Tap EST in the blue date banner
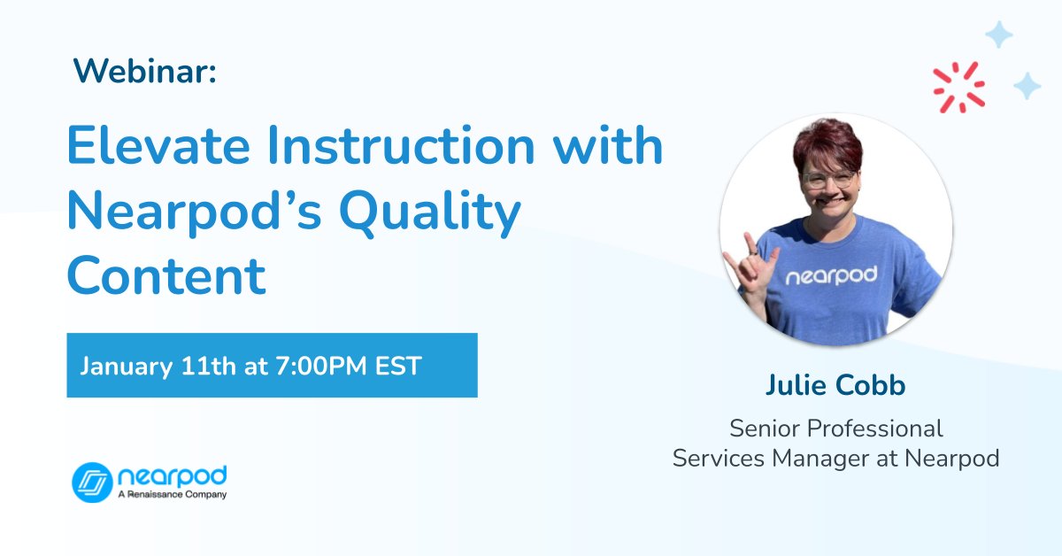point(397,366)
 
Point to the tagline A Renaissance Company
point(172,495)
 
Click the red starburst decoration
point(958,87)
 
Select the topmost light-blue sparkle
point(999,35)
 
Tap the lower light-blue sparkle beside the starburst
point(1027,86)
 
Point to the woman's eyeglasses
point(829,180)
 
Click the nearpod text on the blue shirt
point(831,275)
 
